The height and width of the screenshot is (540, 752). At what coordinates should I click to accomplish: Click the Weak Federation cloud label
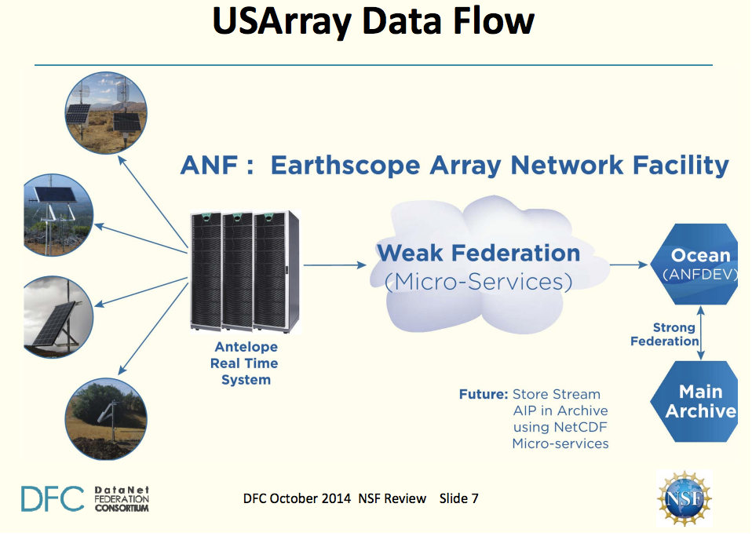(x=478, y=254)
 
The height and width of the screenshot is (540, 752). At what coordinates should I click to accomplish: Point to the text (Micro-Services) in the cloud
(x=478, y=281)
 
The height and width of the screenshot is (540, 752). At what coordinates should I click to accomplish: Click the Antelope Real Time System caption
(x=245, y=363)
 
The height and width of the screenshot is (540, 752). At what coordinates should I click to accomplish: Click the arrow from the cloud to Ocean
(x=628, y=265)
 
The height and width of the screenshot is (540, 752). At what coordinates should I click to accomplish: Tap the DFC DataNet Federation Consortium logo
(x=85, y=498)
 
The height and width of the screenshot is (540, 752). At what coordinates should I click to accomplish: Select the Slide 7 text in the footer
(x=459, y=498)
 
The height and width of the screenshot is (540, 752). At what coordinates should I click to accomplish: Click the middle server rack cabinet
(x=237, y=271)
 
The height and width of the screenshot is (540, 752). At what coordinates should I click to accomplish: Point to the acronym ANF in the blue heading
(x=206, y=166)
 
